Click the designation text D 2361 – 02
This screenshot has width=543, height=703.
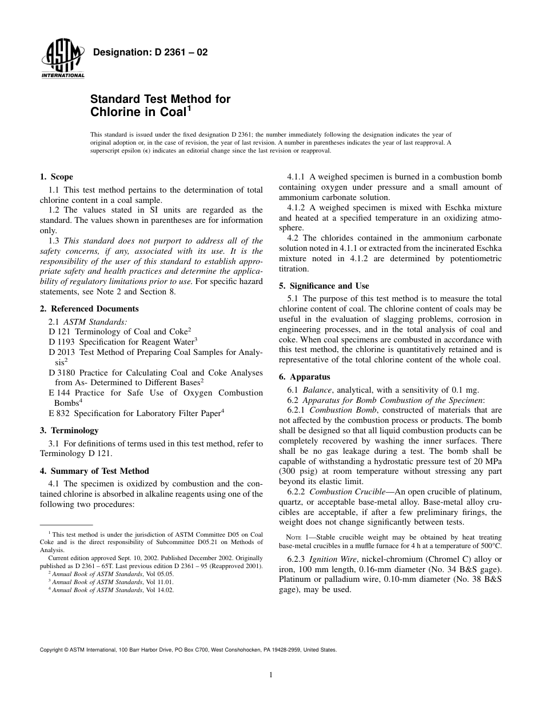(x=150, y=53)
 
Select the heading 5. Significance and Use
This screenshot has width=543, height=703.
(x=324, y=286)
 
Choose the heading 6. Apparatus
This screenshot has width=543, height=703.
(x=305, y=377)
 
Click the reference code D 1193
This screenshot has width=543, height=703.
(x=60, y=341)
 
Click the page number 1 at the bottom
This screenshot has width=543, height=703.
(x=271, y=675)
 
